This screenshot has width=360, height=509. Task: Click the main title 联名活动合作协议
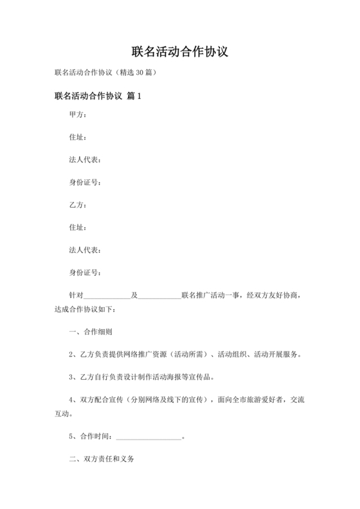pyautogui.click(x=180, y=51)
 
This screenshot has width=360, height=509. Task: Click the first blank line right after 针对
pyautogui.click(x=107, y=296)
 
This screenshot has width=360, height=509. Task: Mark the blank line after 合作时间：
pyautogui.click(x=148, y=438)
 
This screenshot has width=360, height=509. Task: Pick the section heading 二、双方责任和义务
pyautogui.click(x=102, y=461)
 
